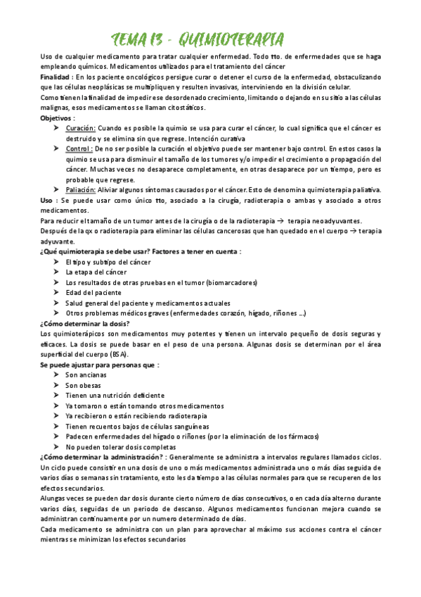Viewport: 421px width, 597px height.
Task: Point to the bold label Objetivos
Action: pos(57,118)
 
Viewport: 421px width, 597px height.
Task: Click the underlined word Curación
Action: pos(80,128)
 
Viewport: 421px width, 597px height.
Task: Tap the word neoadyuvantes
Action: pos(325,220)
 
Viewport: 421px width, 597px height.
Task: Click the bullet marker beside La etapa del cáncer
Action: pos(57,272)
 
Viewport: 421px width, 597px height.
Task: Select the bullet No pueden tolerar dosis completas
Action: pos(120,446)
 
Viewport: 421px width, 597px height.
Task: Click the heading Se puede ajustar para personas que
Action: pos(99,365)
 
